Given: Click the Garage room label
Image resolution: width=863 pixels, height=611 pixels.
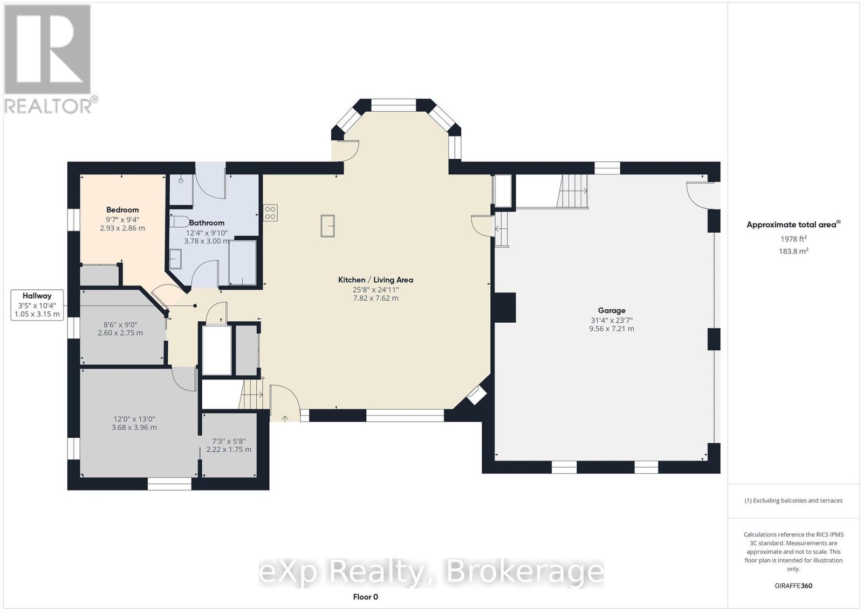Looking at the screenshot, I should click(x=611, y=310).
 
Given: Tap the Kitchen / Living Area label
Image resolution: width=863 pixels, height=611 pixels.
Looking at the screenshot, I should click(x=375, y=280).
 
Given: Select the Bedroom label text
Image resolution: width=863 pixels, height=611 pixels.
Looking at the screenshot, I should click(x=122, y=210).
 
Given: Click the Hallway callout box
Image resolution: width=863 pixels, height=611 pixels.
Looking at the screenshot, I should click(x=37, y=304).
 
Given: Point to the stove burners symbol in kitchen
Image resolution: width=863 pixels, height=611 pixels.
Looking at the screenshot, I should click(x=270, y=213).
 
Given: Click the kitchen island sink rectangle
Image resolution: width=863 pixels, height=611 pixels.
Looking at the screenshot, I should click(x=327, y=225).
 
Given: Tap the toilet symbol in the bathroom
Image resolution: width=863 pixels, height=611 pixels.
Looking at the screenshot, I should click(x=179, y=221).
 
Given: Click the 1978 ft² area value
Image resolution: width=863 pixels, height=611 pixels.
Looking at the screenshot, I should click(x=793, y=239).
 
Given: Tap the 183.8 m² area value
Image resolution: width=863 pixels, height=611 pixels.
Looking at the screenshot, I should click(x=794, y=251).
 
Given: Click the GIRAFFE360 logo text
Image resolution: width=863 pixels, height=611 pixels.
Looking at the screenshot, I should click(x=793, y=586).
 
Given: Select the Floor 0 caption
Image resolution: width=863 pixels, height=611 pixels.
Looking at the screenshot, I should click(x=366, y=596).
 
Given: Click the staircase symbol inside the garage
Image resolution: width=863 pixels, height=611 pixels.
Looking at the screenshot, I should click(x=573, y=192).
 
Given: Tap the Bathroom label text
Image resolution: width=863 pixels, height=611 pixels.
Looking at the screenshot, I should click(x=207, y=223).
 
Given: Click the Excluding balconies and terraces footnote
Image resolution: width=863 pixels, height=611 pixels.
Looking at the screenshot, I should click(x=793, y=500).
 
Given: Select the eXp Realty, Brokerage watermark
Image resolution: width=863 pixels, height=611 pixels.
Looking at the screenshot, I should click(x=432, y=572).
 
